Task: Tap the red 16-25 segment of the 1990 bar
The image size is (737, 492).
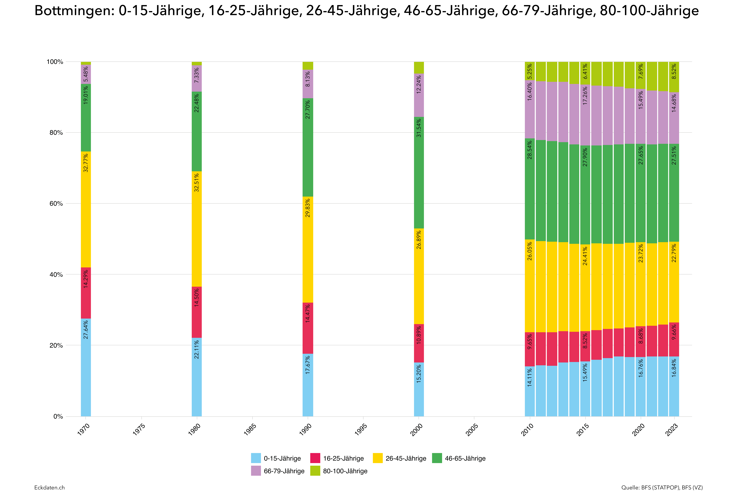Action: pyautogui.click(x=308, y=328)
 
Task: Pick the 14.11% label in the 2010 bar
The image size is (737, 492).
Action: pyautogui.click(x=530, y=377)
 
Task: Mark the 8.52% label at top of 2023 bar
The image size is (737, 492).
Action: pyautogui.click(x=674, y=72)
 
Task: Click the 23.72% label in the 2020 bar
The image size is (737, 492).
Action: pyautogui.click(x=641, y=253)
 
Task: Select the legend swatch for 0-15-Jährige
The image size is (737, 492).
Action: pyautogui.click(x=256, y=458)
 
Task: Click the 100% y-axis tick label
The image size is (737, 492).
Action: pyautogui.click(x=55, y=62)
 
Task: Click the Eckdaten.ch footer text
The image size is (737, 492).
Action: pyautogui.click(x=50, y=487)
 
